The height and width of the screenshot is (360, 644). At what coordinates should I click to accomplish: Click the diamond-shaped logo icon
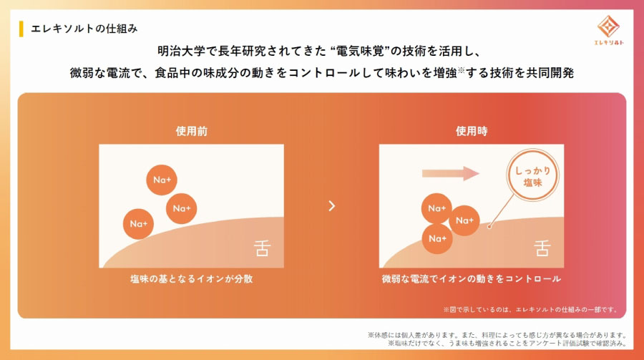pos(608,26)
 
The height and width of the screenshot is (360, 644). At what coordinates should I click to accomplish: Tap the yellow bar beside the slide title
pos(21,29)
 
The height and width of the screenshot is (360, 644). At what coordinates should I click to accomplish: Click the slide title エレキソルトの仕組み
pos(84,29)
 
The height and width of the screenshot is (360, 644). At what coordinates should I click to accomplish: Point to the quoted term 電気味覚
pos(360,51)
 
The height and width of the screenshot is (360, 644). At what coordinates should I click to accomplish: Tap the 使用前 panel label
pos(191,131)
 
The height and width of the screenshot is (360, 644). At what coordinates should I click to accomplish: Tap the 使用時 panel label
pos(472,131)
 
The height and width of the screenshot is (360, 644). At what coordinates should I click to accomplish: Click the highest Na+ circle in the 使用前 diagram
pos(162,180)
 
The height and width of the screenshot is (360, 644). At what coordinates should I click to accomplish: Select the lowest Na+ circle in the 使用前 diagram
pos(138,224)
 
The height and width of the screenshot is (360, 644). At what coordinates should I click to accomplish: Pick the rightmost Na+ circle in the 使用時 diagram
pos(464,220)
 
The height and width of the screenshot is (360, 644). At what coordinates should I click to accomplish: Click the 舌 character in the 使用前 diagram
pos(262,248)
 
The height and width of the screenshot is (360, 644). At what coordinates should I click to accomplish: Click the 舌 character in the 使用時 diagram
pos(542,248)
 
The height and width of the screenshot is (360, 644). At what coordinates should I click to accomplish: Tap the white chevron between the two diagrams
pos(332,206)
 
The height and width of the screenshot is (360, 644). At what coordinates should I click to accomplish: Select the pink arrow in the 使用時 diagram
pos(451,173)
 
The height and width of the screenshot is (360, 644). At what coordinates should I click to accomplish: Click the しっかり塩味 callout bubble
pos(532,175)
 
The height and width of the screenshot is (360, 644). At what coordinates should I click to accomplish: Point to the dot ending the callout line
pos(489,226)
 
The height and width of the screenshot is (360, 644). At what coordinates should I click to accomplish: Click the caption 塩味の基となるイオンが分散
pos(191,279)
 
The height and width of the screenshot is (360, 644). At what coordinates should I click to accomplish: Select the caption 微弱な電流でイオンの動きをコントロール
pos(472,279)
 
